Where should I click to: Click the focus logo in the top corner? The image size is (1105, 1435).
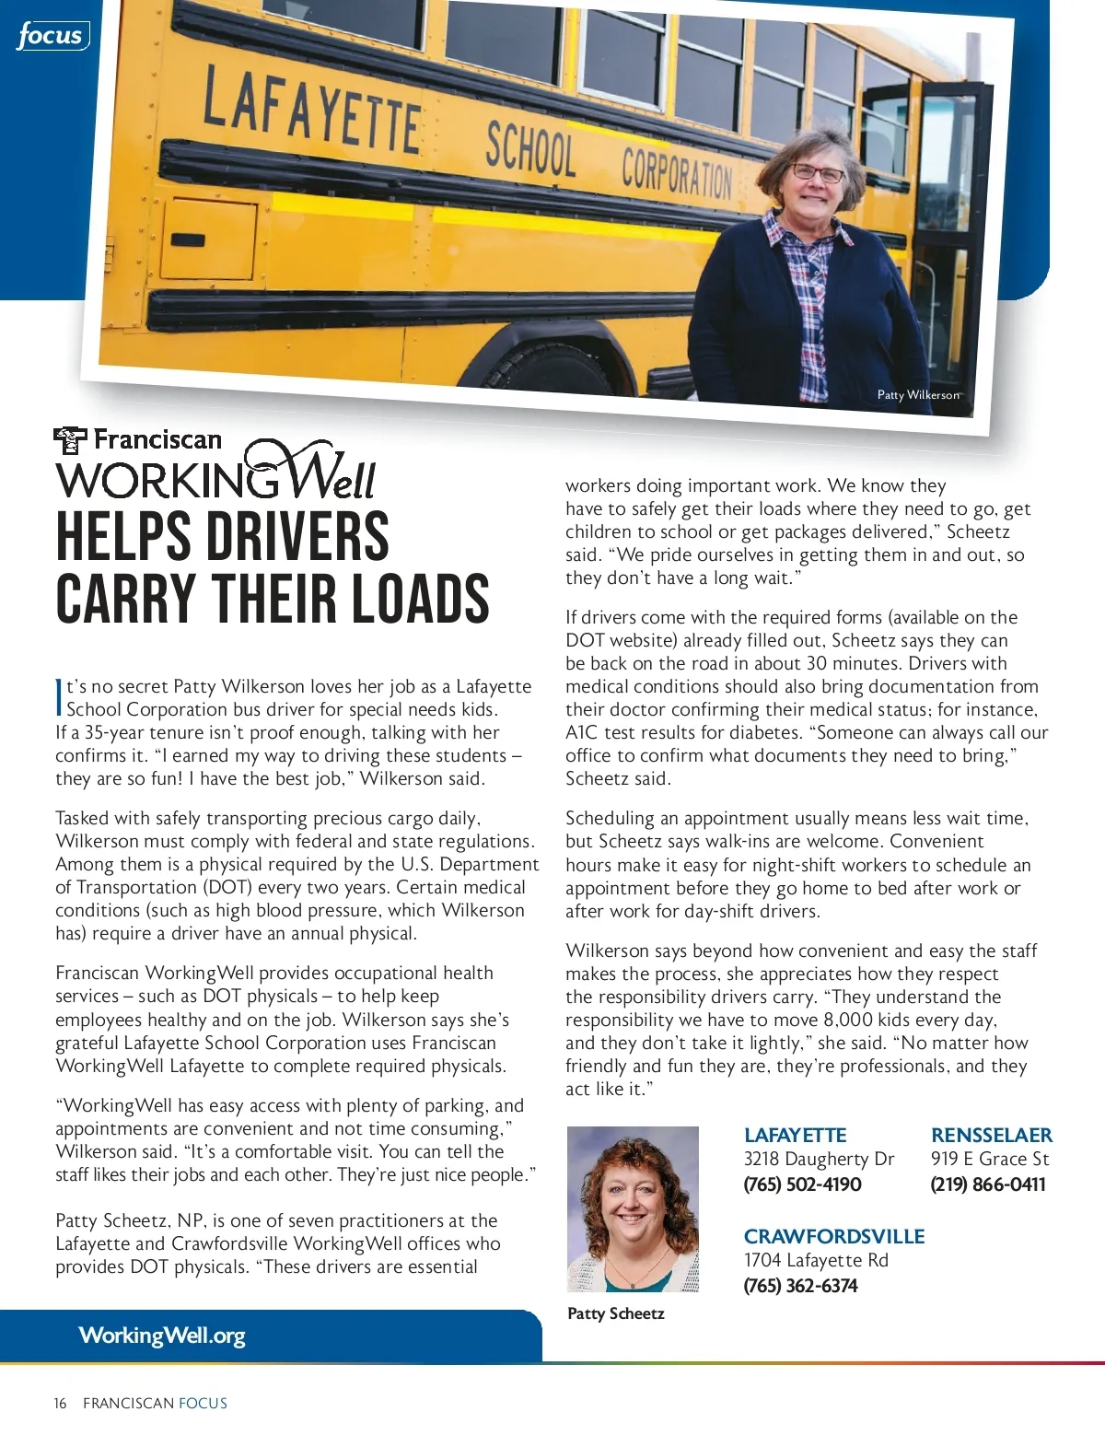52,36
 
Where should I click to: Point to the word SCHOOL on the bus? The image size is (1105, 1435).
530,150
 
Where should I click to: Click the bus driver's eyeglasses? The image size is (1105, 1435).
817,173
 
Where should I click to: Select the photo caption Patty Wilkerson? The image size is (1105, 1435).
917,395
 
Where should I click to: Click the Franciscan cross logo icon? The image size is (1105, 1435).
70,440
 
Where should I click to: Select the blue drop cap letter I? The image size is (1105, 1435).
59,697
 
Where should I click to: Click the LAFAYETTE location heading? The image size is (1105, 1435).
795,1136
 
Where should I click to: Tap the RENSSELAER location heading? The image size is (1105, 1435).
991,1136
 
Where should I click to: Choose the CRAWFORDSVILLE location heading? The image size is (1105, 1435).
833,1237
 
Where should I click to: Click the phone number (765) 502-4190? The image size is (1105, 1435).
802,1184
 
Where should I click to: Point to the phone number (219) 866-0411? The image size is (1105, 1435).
987,1184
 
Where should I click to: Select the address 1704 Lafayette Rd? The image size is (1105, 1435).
815,1260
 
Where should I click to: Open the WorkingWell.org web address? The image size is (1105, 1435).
162,1336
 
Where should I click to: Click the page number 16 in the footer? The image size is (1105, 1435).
60,1404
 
